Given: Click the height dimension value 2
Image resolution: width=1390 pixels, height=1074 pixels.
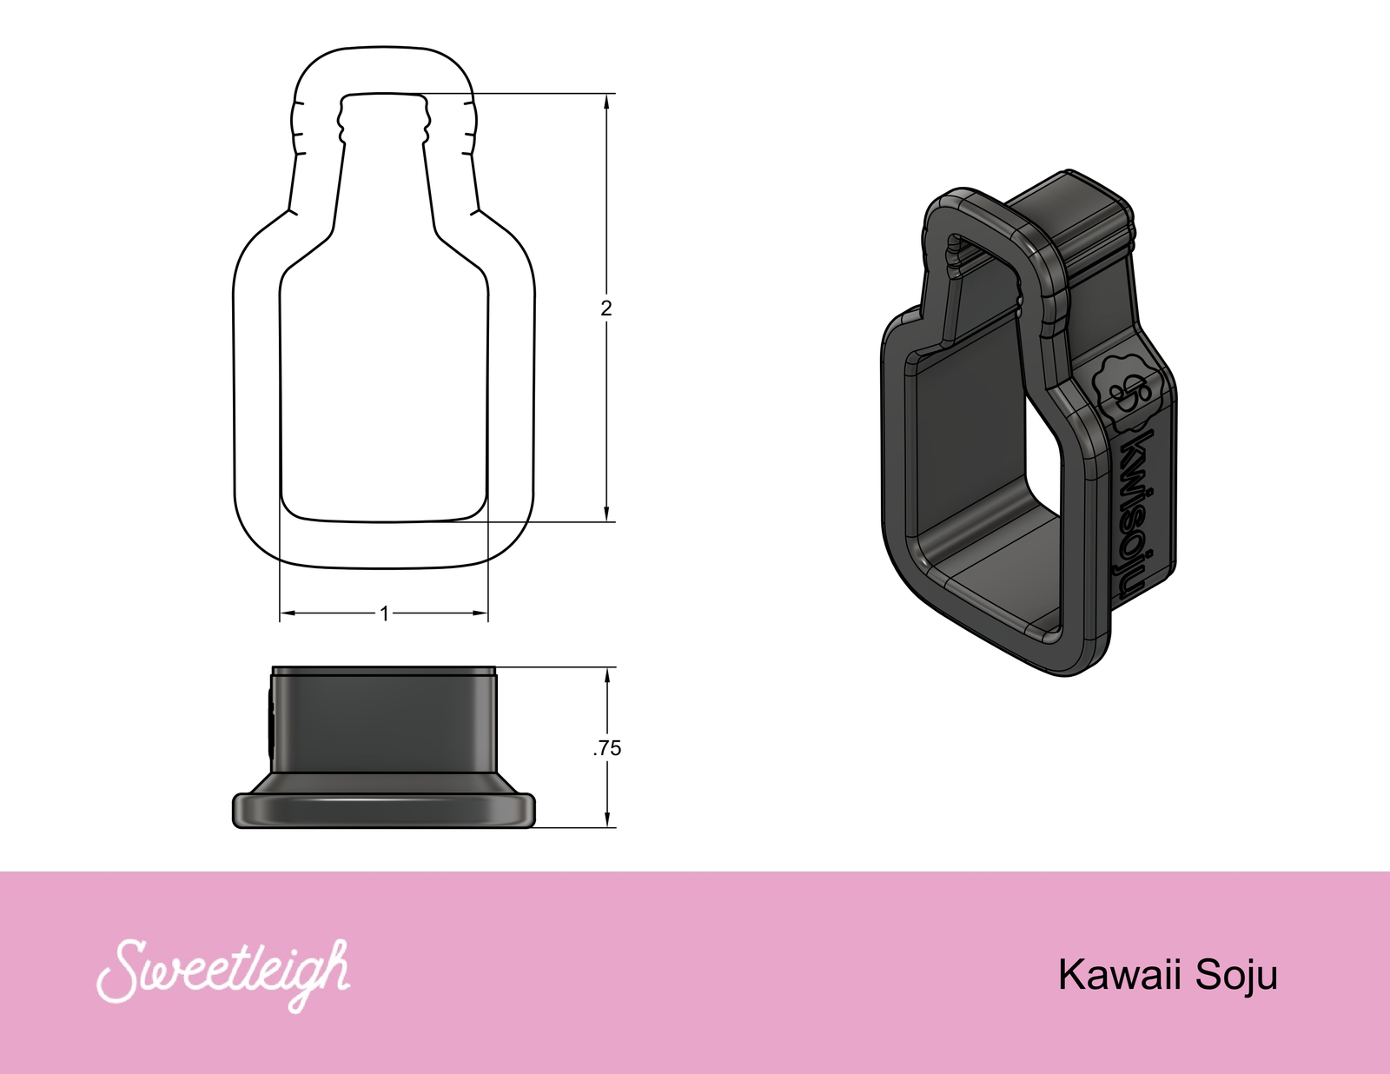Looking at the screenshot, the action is [606, 308].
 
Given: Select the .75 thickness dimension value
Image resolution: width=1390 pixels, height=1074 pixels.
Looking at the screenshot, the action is [607, 748].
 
